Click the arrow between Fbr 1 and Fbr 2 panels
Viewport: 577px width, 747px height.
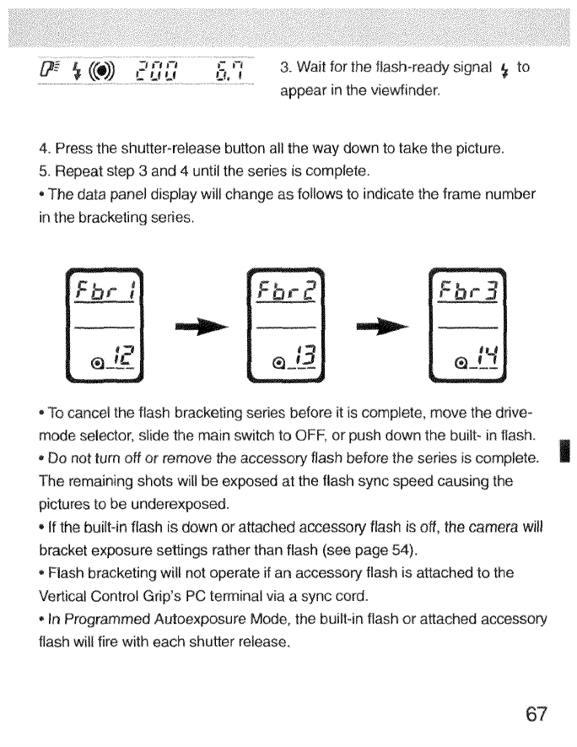click(x=199, y=326)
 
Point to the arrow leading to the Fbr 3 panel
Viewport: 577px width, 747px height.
click(x=380, y=326)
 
